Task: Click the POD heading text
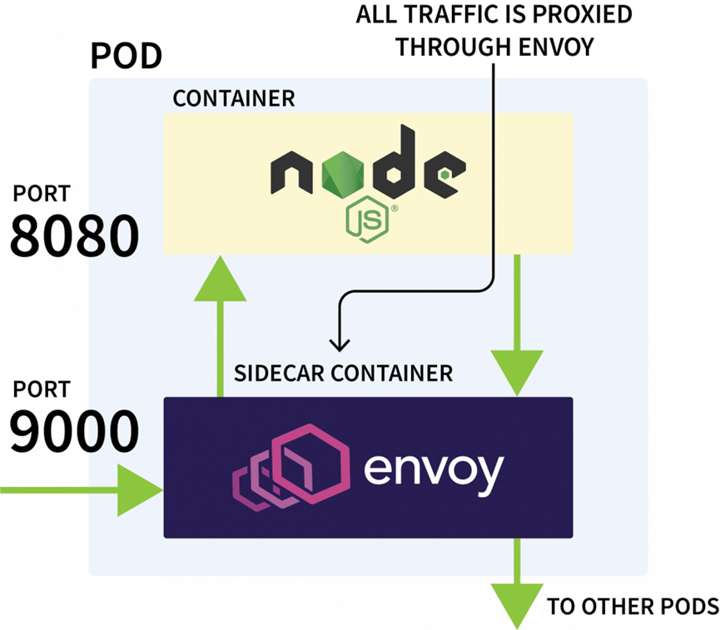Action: pos(127,56)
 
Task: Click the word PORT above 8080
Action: pos(42,193)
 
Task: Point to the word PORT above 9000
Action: pos(42,389)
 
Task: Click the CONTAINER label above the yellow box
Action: pos(234,98)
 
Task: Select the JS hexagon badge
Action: pos(367,220)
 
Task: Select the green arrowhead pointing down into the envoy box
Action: pos(517,373)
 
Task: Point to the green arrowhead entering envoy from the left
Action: pos(140,490)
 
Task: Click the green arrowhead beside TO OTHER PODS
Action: pos(517,606)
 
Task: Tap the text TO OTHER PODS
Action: pos(633,606)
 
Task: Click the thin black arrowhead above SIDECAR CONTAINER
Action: pos(340,345)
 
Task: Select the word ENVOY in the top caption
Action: pos(556,47)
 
